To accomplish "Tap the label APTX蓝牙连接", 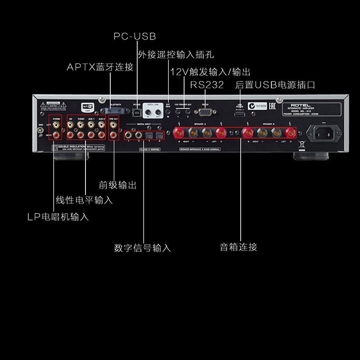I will click(x=100, y=67).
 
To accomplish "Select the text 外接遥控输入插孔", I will click(x=175, y=55).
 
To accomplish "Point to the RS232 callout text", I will click(x=207, y=85).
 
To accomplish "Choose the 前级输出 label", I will click(x=117, y=185).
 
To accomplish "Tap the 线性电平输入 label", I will click(x=84, y=199).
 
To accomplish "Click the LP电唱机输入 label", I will click(x=57, y=217).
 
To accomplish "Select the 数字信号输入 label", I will click(x=143, y=247).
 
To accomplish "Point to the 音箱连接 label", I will click(x=238, y=247).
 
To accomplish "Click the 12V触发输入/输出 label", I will click(x=210, y=72).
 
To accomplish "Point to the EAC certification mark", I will click(x=272, y=107).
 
